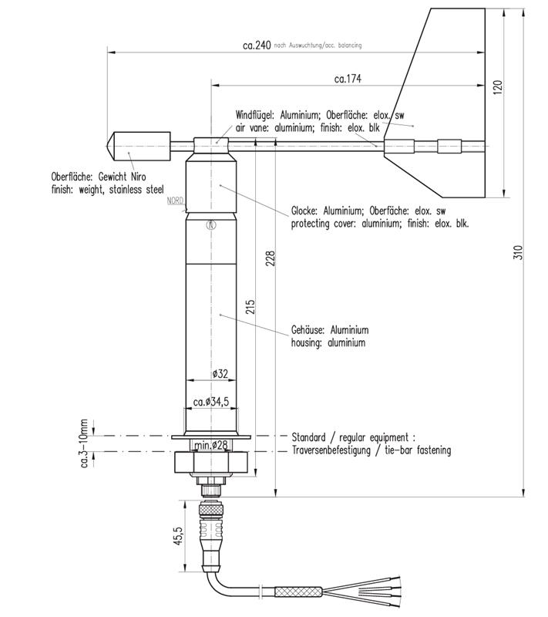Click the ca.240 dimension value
pos(257,46)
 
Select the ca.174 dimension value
pos(348,79)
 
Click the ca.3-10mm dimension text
pos(86,443)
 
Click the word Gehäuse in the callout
pos(309,329)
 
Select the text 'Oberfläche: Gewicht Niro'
pos(98,176)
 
